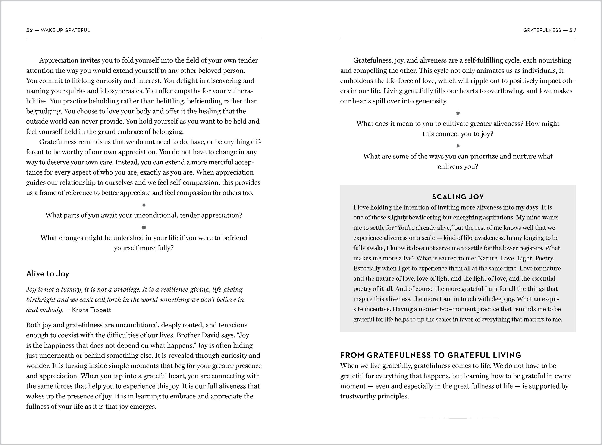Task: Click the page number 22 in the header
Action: [29, 30]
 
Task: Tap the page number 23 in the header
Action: [572, 30]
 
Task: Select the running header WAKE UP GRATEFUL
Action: [65, 30]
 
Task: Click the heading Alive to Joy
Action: [48, 274]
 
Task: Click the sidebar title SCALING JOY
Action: [458, 197]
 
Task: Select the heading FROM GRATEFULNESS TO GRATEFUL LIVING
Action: [431, 355]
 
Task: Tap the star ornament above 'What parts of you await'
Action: [144, 205]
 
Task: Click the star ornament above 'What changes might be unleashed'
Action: [144, 228]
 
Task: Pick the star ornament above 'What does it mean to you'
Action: [458, 113]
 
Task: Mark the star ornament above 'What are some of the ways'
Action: [458, 146]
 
